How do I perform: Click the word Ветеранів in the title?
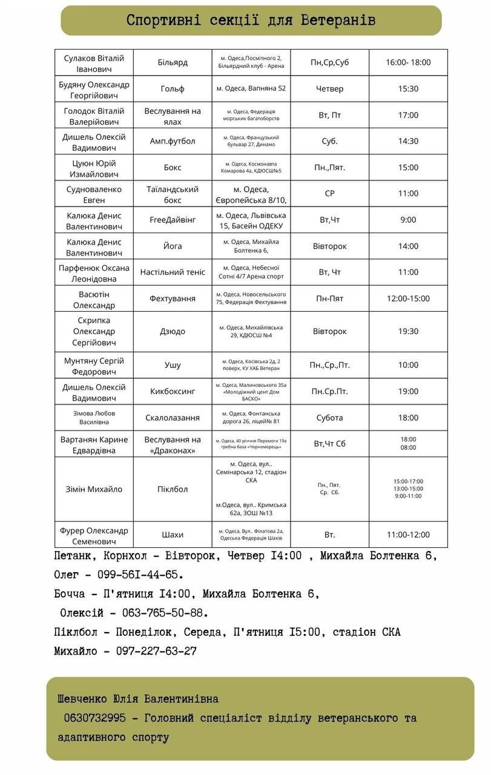pos(338,20)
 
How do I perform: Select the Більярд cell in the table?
pos(173,62)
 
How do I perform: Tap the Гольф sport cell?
pos(173,88)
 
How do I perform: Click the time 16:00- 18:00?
pos(408,62)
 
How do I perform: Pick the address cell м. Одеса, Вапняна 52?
pos(251,88)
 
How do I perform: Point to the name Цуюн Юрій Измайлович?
pos(94,168)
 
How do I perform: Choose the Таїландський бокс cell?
pos(173,194)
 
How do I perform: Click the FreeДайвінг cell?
pos(173,220)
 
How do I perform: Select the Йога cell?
pos(173,246)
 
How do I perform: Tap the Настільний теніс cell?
pos(173,272)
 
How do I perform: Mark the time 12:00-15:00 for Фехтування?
pos(408,298)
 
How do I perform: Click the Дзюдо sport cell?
pos(173,331)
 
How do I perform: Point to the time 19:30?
pos(408,331)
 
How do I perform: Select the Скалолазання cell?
pos(173,418)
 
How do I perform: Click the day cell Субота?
pos(329,418)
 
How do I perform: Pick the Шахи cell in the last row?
pos(173,535)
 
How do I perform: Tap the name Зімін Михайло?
pos(94,489)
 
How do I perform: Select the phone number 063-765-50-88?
pos(165,613)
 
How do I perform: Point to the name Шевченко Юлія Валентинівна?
pos(138,699)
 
